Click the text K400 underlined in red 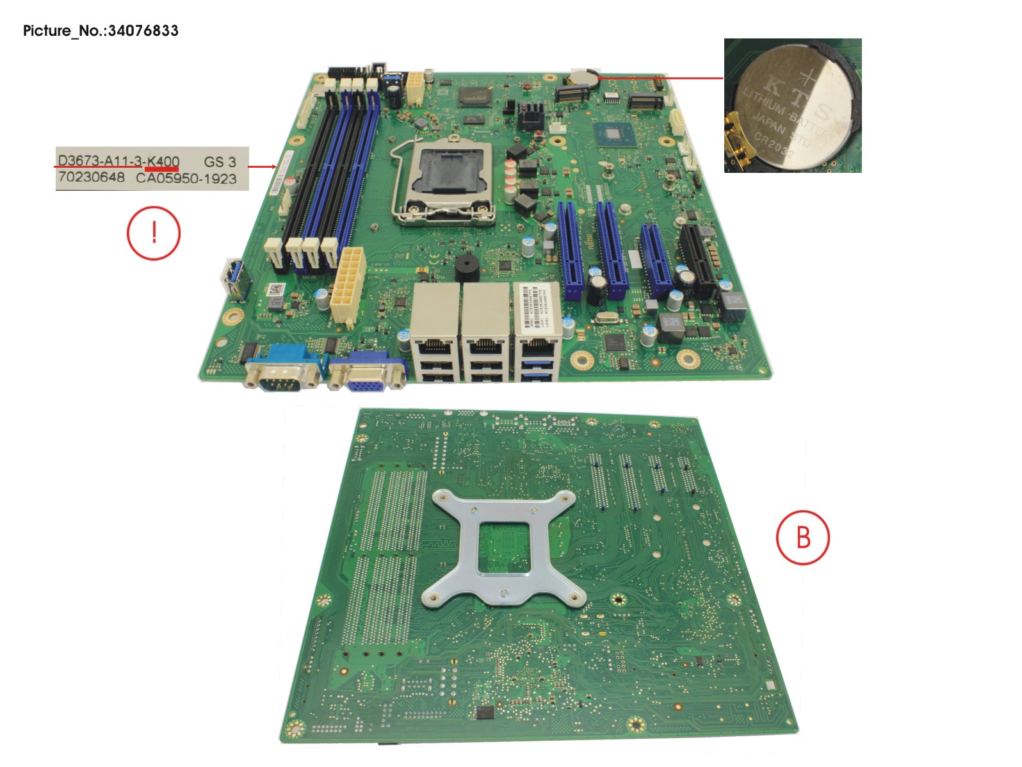(163, 161)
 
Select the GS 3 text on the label (220, 162)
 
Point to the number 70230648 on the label (91, 177)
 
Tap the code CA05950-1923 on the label (186, 179)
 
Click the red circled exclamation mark (154, 232)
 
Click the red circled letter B (802, 537)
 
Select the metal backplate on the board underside (505, 548)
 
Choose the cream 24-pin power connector (348, 286)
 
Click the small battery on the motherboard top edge (583, 77)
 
